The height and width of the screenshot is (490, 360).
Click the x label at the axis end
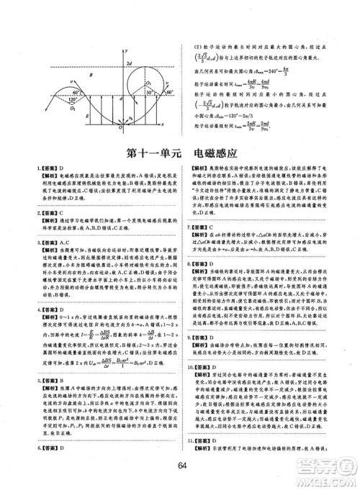click(x=176, y=124)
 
